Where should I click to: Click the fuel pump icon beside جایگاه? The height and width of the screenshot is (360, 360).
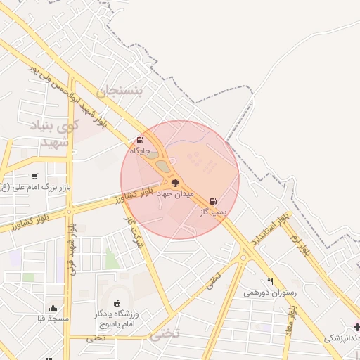click(x=140, y=141)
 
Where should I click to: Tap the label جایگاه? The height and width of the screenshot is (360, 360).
click(x=141, y=150)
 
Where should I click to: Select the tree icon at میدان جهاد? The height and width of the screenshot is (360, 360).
click(x=176, y=183)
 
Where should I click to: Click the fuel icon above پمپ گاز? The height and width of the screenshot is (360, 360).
click(x=213, y=201)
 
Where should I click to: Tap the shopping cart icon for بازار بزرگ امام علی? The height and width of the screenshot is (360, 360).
click(x=34, y=176)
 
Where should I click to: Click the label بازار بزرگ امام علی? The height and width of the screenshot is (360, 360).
click(x=33, y=187)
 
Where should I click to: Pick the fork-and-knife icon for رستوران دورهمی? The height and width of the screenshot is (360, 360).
click(x=270, y=281)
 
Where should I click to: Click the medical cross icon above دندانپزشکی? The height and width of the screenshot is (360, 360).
click(x=357, y=327)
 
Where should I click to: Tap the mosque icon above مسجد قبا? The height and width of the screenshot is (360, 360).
click(x=53, y=308)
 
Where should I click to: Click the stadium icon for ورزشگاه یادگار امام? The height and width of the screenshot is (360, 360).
click(x=117, y=303)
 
